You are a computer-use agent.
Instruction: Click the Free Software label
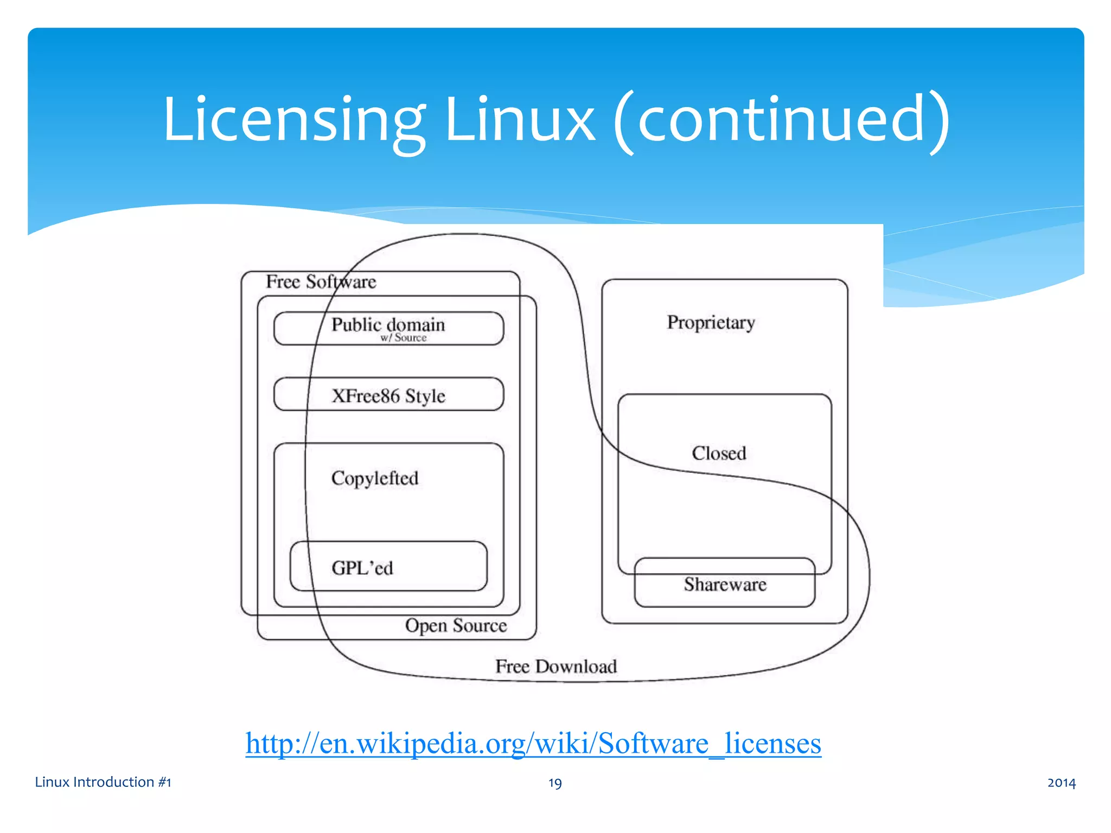321,282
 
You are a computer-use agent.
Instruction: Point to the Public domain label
388,325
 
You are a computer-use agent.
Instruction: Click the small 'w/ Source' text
404,338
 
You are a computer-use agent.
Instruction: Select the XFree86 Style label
388,396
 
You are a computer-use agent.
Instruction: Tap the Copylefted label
375,478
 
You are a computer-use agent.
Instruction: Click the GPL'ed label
362,568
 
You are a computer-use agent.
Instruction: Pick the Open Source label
456,625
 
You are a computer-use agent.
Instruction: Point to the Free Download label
556,667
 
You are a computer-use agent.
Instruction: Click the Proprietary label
711,323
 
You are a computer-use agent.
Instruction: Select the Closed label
719,453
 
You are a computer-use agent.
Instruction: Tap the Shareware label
725,585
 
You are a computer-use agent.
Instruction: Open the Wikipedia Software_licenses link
533,743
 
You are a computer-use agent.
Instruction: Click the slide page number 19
555,783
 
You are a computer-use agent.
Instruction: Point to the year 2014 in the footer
1061,783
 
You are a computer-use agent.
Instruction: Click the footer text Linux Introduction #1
103,782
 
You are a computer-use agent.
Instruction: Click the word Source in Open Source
480,625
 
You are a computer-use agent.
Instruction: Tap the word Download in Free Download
576,667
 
